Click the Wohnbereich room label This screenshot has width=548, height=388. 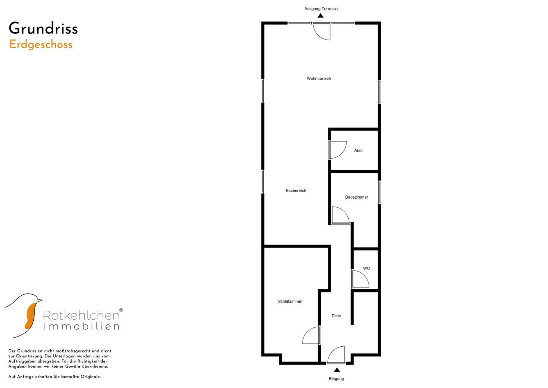point(319,78)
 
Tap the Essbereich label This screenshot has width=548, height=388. point(296,190)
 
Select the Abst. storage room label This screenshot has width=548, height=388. point(359,151)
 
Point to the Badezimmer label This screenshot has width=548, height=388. point(356,197)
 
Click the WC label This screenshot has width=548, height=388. point(366,268)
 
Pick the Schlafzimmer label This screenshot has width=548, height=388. point(290,301)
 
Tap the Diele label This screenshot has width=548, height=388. point(336,316)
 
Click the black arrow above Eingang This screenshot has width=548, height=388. point(337,370)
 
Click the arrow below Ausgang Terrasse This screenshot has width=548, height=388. point(320,15)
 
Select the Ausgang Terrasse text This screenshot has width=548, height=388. point(321,9)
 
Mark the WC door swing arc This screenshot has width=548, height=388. point(365,275)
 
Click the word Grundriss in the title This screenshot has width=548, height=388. point(43,28)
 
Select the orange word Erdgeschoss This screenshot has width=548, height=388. point(41,45)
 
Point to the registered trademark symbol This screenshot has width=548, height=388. point(121,310)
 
